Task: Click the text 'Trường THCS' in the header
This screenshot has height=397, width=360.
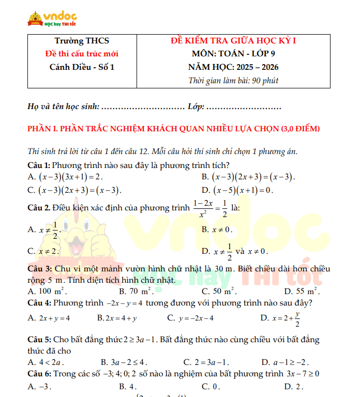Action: click(x=82, y=41)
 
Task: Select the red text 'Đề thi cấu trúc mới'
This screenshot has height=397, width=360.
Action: click(x=82, y=54)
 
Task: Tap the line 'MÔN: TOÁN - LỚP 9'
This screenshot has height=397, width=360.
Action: click(x=233, y=54)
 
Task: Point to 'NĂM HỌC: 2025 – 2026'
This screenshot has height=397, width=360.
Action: click(x=233, y=67)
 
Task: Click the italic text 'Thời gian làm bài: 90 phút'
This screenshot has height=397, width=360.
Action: click(x=233, y=81)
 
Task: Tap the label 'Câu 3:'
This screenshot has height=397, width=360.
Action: click(x=39, y=269)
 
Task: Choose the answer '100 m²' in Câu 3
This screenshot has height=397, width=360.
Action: click(x=52, y=292)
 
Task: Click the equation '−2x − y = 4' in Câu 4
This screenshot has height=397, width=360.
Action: click(x=125, y=303)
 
